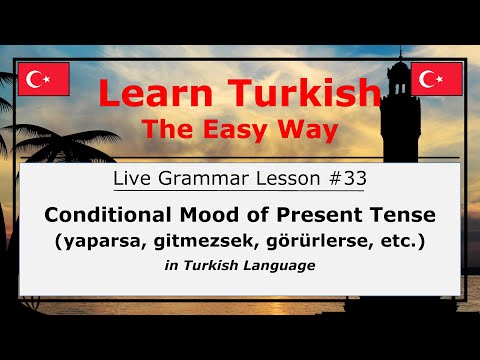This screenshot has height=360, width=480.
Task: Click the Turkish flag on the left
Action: pos(43,79)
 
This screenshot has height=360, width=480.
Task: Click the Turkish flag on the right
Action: pos(437,79)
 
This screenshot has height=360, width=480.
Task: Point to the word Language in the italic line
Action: pos(285,266)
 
